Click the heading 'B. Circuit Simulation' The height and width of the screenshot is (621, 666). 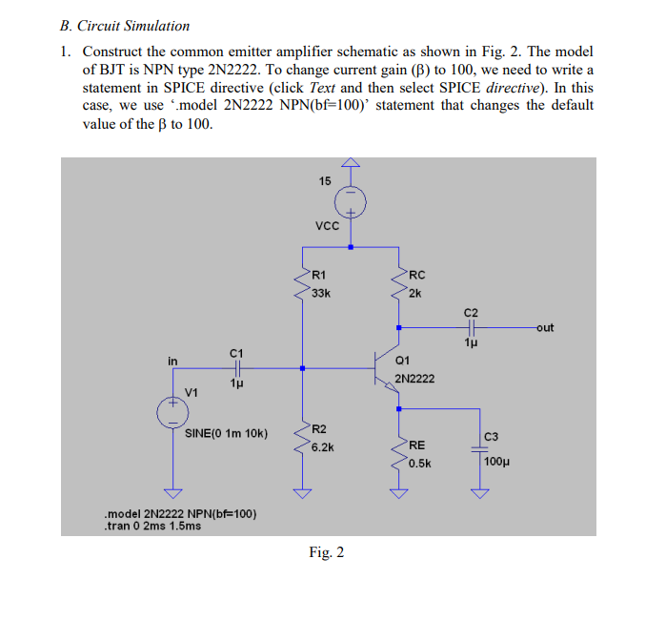[125, 26]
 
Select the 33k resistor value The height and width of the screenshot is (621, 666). [321, 293]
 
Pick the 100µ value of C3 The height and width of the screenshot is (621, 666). [496, 462]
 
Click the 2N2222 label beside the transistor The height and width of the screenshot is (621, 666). [414, 379]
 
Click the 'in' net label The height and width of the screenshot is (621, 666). [172, 361]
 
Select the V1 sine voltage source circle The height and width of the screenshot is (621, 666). [173, 410]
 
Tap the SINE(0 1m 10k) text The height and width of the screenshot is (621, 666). [226, 433]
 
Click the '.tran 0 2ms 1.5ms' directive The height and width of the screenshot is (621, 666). [152, 526]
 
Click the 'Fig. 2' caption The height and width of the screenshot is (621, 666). [327, 552]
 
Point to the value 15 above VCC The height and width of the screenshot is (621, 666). [325, 181]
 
